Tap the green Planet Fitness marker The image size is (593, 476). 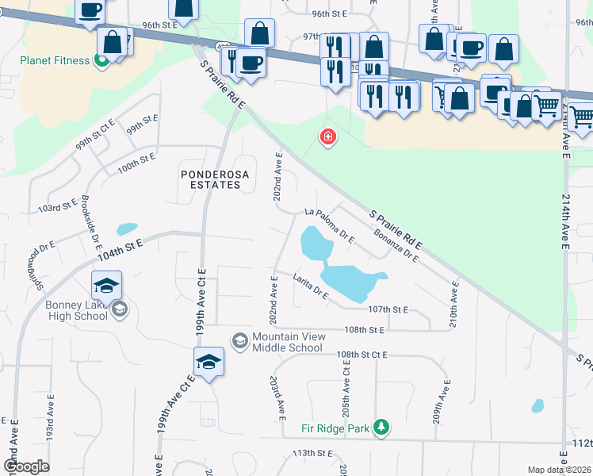101,60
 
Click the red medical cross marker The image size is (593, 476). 327,139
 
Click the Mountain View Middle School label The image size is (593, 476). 288,342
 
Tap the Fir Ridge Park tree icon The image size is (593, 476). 382,428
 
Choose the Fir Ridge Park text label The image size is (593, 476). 335,428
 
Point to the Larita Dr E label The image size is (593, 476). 310,286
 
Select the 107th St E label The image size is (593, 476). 388,309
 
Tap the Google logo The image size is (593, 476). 26,466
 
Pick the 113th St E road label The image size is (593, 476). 311,452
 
